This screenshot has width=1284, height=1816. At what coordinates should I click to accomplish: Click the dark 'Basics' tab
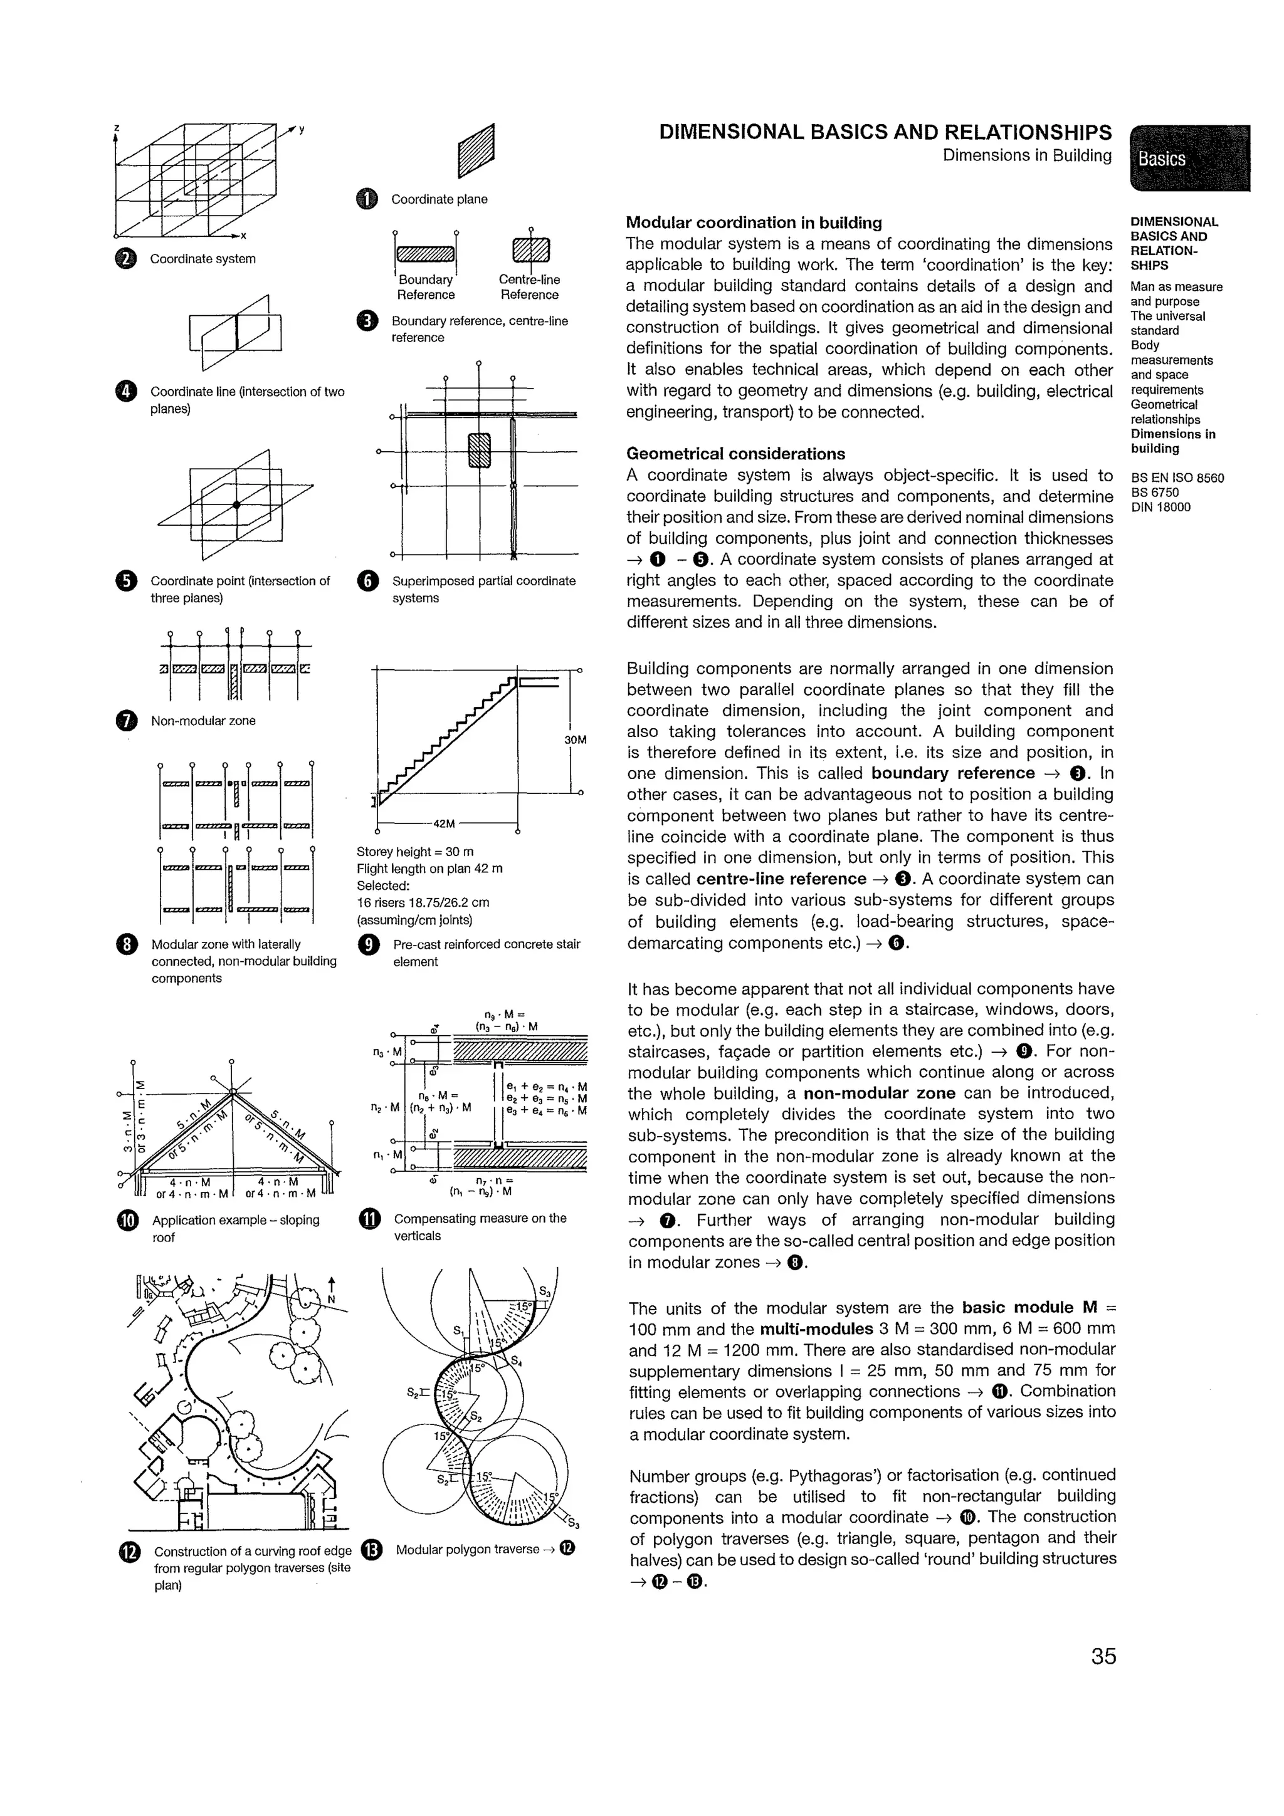coord(1188,158)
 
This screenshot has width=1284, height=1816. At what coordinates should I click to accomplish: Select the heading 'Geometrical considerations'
coord(735,454)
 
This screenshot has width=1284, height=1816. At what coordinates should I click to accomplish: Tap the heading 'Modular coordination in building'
coord(753,223)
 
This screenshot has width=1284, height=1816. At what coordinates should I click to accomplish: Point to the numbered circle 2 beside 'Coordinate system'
coord(126,259)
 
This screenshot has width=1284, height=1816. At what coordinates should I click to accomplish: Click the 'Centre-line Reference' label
coord(529,287)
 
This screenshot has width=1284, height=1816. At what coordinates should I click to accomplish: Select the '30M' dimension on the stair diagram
coord(575,739)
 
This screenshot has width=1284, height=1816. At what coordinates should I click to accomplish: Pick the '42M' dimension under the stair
coord(445,823)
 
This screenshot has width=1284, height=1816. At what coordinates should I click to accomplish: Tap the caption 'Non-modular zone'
coord(203,721)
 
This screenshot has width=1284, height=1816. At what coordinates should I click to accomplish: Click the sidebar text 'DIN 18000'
coord(1160,508)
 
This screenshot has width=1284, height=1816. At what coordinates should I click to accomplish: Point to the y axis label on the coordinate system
coord(302,130)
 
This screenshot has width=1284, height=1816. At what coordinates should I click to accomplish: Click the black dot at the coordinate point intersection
coord(236,504)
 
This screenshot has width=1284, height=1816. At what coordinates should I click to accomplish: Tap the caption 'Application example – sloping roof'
coord(235,1228)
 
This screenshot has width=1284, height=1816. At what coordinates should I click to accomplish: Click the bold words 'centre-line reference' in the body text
coord(781,879)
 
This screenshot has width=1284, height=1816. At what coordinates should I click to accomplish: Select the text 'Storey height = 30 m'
coord(414,852)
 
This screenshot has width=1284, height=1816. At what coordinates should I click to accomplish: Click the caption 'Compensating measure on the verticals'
coord(480,1227)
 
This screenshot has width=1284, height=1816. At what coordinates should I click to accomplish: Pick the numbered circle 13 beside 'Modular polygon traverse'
coord(371,1550)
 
